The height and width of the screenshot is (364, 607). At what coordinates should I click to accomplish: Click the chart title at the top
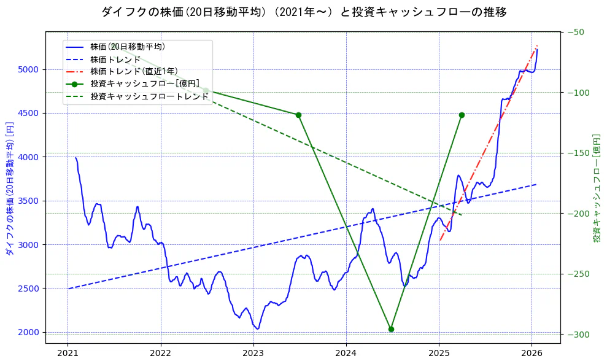[x=303, y=12]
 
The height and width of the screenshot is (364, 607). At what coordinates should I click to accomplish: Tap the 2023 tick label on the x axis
[x=253, y=353]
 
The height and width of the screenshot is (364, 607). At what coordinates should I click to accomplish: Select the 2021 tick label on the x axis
[x=68, y=353]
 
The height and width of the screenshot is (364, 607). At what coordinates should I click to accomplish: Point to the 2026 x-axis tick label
[x=532, y=353]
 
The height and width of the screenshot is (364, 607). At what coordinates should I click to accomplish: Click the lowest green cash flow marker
[x=391, y=329]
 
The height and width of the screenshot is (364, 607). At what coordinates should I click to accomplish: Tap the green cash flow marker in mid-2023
[x=298, y=115]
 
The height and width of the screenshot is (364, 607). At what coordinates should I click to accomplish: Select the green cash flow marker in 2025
[x=462, y=115]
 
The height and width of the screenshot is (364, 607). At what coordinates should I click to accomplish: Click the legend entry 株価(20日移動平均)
[x=127, y=47]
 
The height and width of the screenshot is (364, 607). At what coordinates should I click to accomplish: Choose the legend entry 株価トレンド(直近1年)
[x=134, y=71]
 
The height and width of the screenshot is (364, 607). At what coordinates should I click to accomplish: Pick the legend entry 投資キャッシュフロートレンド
[x=149, y=96]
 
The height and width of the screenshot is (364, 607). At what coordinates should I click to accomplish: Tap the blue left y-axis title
[x=9, y=188]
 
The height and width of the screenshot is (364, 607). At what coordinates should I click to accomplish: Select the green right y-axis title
[x=596, y=188]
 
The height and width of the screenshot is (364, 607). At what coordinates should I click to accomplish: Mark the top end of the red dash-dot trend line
[x=537, y=45]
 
